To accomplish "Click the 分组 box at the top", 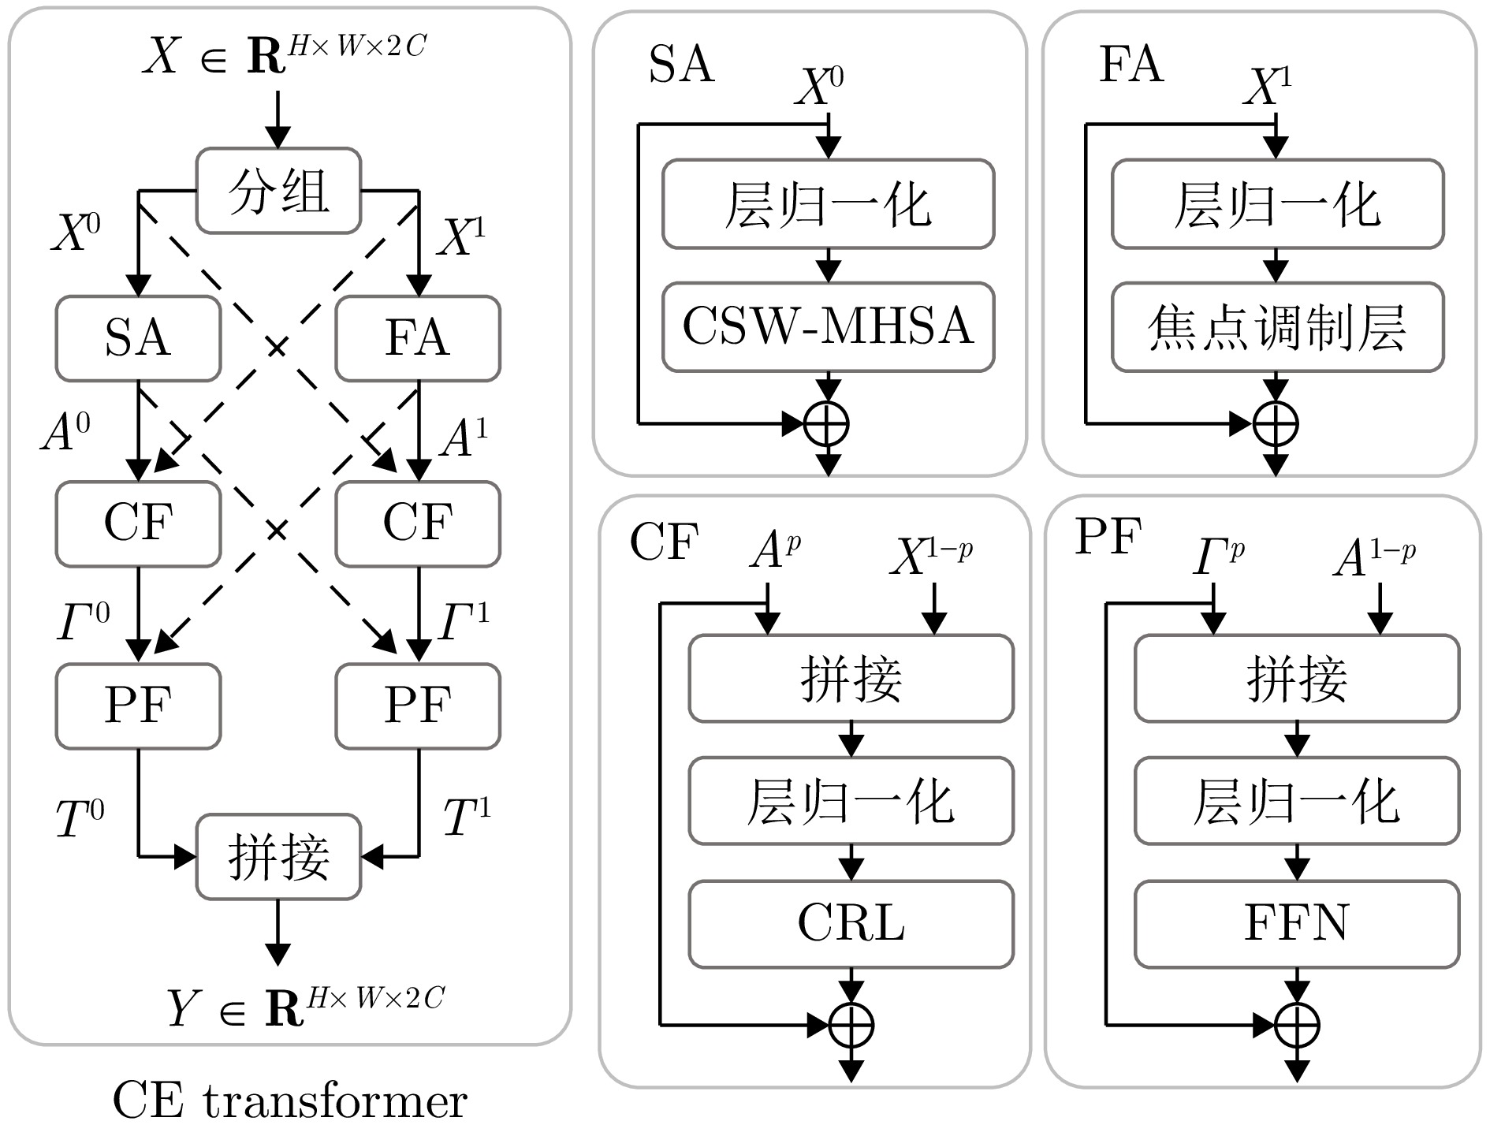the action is [278, 191].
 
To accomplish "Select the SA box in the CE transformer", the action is [138, 338].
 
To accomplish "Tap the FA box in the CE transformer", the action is [418, 338].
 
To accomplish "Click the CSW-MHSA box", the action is [828, 326].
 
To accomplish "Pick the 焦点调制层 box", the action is [1277, 326].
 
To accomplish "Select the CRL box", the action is [851, 924].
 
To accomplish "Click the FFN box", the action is [1297, 924].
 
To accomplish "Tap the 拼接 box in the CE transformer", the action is [278, 857].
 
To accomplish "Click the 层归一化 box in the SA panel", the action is [828, 204].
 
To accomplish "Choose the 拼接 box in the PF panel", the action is [1297, 678].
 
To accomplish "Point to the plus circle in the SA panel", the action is [826, 424].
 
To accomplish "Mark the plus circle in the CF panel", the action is [851, 1026].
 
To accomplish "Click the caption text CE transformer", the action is [290, 1101].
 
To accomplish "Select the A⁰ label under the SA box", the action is [66, 432].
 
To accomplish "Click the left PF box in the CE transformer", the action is [138, 706].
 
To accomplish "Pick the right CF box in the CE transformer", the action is [418, 523].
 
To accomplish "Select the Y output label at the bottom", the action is [306, 1007].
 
